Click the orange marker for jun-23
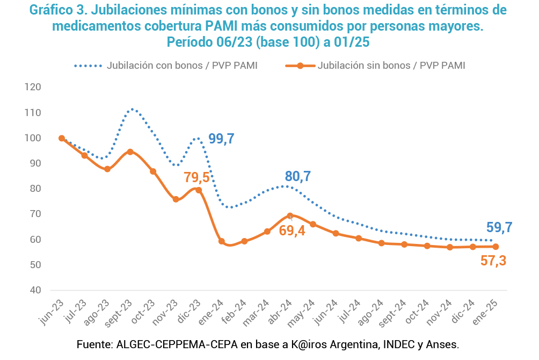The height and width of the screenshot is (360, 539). (x=62, y=138)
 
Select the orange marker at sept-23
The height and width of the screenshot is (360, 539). (x=130, y=152)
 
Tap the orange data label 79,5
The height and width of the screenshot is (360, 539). (x=196, y=177)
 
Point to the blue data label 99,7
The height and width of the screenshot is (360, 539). (x=221, y=139)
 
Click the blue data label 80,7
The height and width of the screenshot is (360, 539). (x=297, y=176)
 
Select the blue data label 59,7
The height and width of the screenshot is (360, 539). (x=499, y=227)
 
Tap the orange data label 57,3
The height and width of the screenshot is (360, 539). (x=492, y=261)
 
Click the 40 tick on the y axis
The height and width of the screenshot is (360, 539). (x=36, y=290)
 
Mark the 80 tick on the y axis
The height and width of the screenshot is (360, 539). (x=36, y=189)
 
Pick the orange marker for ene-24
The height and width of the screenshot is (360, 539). (x=221, y=241)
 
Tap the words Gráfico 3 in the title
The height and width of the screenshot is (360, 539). (x=63, y=10)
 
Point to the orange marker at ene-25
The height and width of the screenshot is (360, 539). (x=496, y=247)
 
